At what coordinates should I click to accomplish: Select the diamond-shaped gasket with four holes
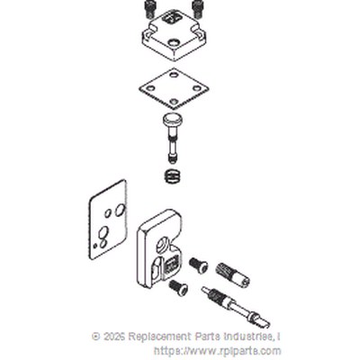click(174, 89)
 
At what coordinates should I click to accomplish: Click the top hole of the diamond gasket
click(173, 73)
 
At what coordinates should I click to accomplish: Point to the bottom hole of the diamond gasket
click(174, 102)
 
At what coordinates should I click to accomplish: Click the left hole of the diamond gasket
click(151, 88)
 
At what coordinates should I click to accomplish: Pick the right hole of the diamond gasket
click(196, 88)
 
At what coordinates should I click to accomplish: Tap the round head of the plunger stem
click(172, 120)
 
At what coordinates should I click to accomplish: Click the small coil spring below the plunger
click(174, 175)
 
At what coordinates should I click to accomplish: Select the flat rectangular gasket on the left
click(108, 220)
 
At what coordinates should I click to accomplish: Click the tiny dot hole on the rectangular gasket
click(95, 246)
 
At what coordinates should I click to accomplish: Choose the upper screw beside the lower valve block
click(198, 265)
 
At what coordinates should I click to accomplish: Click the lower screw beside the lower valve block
click(178, 287)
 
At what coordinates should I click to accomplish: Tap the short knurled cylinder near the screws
click(232, 274)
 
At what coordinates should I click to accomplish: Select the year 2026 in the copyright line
click(113, 337)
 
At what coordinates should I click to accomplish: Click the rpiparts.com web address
click(217, 351)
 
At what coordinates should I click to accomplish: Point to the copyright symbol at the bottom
click(96, 337)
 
